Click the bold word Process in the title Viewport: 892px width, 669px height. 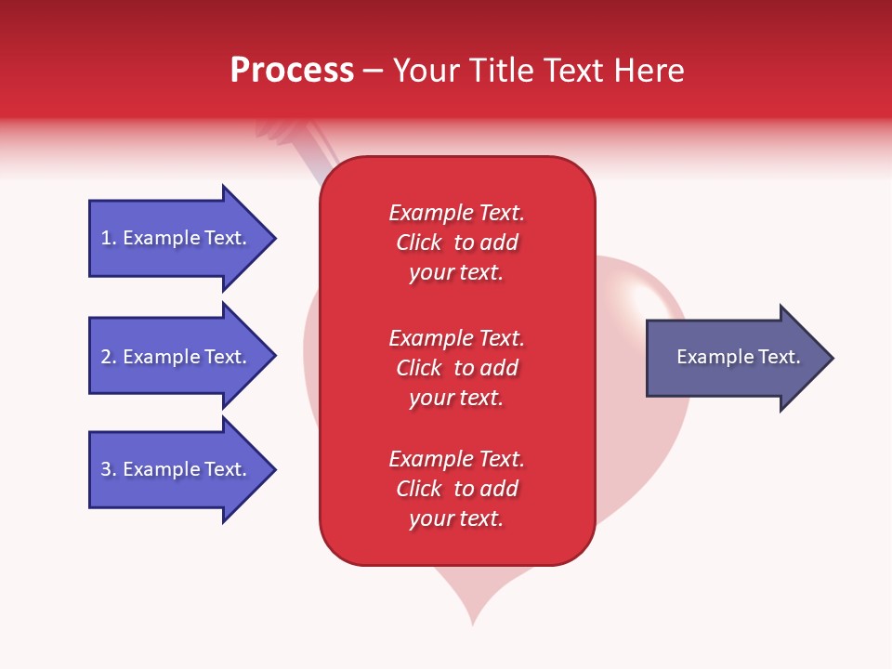tap(292, 71)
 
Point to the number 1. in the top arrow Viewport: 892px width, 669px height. tap(109, 238)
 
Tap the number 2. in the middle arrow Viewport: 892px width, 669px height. tap(109, 357)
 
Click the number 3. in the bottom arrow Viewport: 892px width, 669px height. tap(109, 469)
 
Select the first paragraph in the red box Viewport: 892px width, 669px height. tap(456, 243)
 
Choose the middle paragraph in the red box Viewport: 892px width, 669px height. tap(456, 368)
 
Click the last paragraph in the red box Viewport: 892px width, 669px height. tap(456, 489)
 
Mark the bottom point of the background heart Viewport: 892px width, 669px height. tap(473, 622)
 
